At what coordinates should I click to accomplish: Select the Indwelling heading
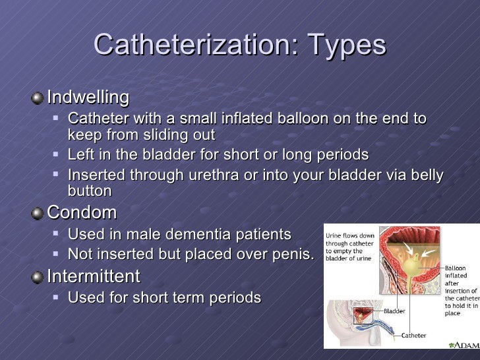[x=88, y=98]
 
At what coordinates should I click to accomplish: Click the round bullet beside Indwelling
[x=38, y=98]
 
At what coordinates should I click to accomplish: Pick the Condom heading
[x=82, y=213]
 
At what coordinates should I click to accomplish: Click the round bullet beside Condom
[x=38, y=214]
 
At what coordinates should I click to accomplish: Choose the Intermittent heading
[x=94, y=276]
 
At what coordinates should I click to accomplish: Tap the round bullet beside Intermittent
[x=38, y=276]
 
